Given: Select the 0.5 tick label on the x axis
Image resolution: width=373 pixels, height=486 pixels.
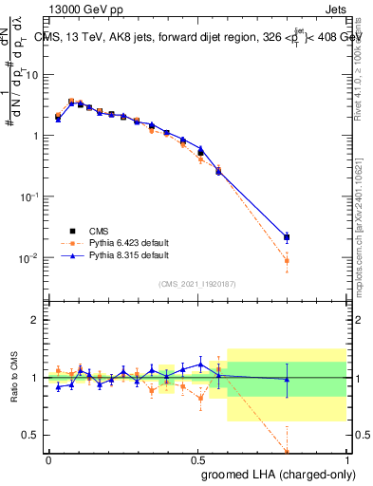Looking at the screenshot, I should click(x=197, y=458).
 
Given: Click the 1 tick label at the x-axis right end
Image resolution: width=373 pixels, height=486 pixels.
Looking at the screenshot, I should click(x=347, y=458).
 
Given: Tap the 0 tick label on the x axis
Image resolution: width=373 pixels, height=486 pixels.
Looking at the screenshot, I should click(x=48, y=458).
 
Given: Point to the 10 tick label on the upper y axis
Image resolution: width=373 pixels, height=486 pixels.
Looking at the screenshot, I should click(x=34, y=74).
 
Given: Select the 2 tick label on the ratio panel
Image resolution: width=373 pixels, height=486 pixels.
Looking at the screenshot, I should click(x=35, y=320).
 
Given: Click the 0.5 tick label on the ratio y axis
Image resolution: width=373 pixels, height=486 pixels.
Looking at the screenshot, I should click(x=31, y=435).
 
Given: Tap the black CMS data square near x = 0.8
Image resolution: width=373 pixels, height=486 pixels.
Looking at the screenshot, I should click(x=287, y=237).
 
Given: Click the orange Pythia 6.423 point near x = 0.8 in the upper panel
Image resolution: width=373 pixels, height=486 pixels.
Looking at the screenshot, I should click(x=287, y=260).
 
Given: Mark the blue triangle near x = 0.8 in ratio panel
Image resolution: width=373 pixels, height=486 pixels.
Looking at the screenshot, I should click(x=287, y=380).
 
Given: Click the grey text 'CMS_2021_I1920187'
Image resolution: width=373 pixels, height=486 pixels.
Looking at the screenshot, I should click(x=196, y=283).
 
